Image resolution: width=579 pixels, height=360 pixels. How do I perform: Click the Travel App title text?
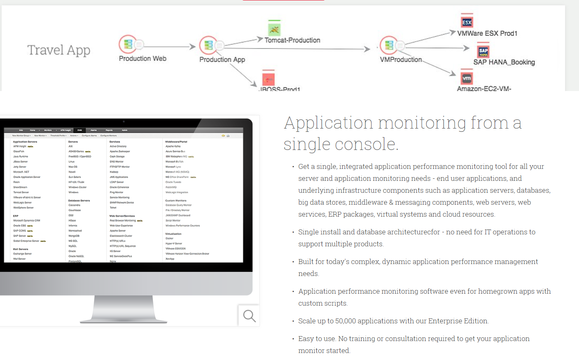tap(59, 50)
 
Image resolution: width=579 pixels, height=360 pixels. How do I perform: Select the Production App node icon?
tap(209, 45)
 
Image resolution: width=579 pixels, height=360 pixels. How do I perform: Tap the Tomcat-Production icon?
tap(274, 29)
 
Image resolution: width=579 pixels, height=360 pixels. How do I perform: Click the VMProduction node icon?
tap(389, 45)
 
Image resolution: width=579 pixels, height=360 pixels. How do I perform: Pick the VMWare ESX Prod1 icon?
tap(467, 22)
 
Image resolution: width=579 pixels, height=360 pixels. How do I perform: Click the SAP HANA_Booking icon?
tap(483, 51)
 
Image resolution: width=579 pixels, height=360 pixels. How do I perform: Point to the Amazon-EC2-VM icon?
tap(467, 78)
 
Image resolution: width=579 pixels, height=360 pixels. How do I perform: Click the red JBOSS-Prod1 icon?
tap(268, 79)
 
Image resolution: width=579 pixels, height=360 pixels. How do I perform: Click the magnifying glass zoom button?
tap(249, 316)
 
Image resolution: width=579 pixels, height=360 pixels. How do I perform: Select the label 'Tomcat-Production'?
tap(292, 40)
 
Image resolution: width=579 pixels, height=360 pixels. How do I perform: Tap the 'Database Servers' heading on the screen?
tap(79, 201)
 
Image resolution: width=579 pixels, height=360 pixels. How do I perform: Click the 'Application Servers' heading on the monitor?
tap(25, 142)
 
